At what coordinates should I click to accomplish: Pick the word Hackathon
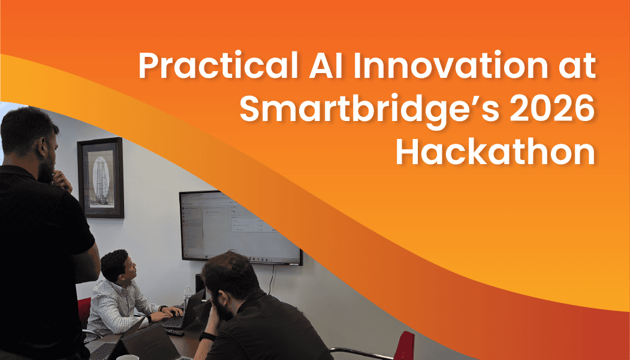tap(495, 153)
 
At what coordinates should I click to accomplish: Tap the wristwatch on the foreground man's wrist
tap(206, 336)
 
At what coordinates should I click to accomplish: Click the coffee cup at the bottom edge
tap(127, 358)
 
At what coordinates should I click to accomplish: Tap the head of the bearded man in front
tap(228, 282)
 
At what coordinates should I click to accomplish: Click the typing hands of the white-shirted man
tap(171, 312)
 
